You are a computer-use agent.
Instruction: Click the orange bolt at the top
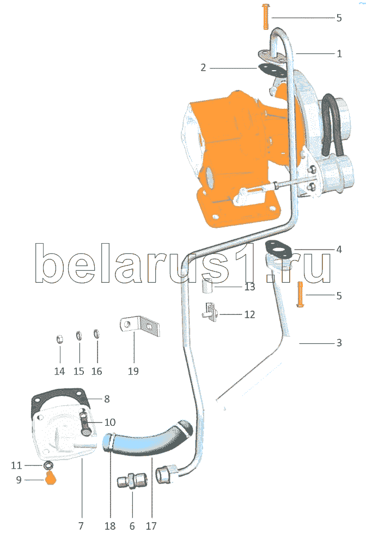[x=265, y=16]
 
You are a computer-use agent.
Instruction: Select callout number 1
[x=339, y=54]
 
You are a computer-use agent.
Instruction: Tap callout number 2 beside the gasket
[x=203, y=68]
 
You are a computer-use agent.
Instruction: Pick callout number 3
[x=339, y=343]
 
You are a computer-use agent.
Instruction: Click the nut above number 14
[x=59, y=340]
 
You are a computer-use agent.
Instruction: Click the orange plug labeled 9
[x=51, y=479]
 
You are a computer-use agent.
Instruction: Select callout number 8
[x=107, y=399]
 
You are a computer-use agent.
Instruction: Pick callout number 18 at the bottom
[x=111, y=526]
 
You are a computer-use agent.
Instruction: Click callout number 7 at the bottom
[x=81, y=526]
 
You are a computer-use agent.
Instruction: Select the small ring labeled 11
[x=47, y=466]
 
